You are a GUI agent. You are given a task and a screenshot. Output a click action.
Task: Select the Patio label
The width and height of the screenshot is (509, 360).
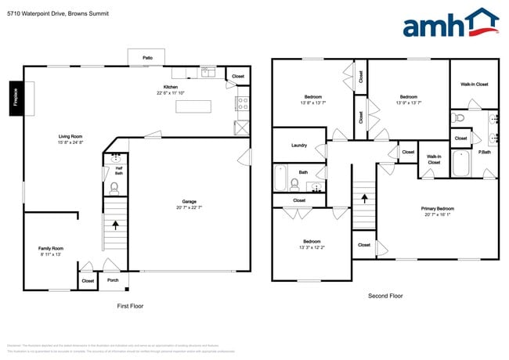click(147, 58)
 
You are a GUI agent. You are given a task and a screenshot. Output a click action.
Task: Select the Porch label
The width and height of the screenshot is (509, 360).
click(113, 280)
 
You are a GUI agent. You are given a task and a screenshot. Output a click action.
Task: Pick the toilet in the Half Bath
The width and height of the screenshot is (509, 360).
click(114, 188)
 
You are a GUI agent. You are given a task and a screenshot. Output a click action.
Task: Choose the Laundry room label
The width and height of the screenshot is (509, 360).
click(298, 146)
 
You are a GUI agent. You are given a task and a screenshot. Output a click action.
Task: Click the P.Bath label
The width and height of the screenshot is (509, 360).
click(486, 153)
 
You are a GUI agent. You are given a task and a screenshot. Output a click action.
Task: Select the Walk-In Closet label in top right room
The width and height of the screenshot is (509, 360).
click(474, 84)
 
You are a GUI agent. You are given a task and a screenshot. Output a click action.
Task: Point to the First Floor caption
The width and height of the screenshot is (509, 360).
click(129, 307)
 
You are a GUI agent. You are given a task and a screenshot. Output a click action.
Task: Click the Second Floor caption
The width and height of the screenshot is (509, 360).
click(385, 296)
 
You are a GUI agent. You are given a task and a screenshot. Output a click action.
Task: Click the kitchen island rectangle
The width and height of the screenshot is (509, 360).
click(193, 106)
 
